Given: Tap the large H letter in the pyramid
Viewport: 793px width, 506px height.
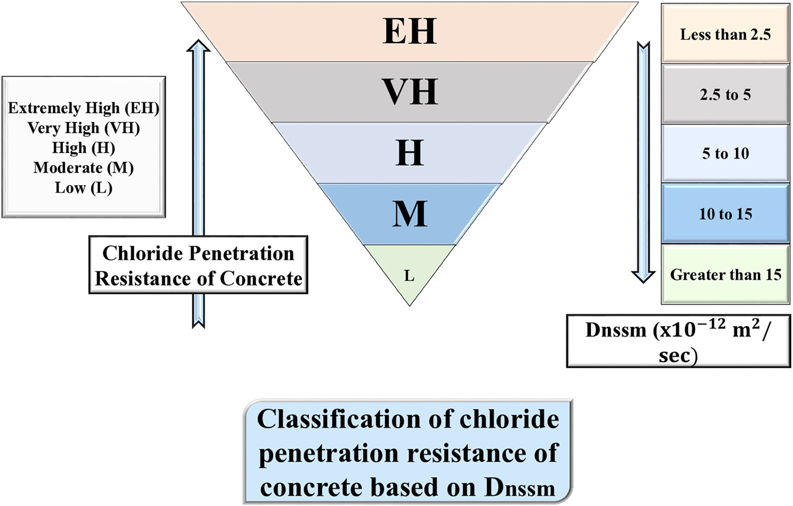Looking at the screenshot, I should coord(410,153).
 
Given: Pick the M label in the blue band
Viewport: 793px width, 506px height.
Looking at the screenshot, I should coord(410,214).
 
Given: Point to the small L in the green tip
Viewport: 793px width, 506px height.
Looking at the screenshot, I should coord(409,276).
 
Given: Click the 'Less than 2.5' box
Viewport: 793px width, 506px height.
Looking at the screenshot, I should coord(725,34).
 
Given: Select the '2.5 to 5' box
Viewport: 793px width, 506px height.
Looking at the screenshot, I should coord(725,95).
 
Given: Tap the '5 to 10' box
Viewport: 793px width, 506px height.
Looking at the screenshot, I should coord(725,154).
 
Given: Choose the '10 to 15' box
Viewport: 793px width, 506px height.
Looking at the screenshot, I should coord(725,214).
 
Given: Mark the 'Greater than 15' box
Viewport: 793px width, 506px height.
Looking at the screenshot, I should coord(725,275).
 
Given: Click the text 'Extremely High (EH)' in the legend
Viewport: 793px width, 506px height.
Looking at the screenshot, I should coord(83,108).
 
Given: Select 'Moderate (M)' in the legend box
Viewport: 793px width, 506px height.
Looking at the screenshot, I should coord(83,168).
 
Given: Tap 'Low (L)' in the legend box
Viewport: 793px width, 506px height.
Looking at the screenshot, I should coord(83,187).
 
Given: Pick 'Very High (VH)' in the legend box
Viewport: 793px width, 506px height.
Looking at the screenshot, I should coord(83,128).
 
